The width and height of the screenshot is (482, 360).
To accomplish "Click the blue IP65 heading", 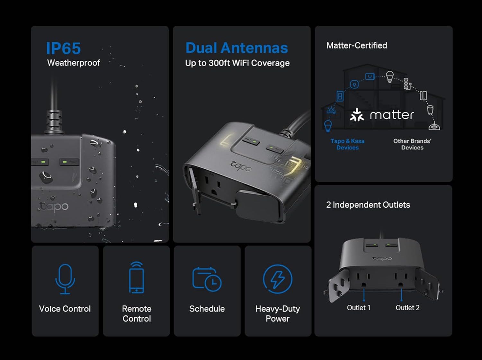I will tap(63, 49).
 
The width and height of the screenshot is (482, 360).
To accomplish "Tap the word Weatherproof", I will tap(74, 63).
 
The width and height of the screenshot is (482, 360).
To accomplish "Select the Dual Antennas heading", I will tap(237, 48).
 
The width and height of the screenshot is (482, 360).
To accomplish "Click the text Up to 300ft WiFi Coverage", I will tap(237, 63).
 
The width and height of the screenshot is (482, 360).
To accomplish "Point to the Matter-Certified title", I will tap(357, 45).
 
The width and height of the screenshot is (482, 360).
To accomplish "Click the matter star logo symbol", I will tap(357, 115).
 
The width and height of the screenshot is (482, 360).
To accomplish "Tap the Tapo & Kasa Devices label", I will tap(347, 144).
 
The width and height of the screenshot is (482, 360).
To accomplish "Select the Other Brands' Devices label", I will tap(412, 144).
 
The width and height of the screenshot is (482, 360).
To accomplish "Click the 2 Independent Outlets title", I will tap(368, 205).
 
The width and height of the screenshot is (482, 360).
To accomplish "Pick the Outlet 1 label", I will tap(359, 308).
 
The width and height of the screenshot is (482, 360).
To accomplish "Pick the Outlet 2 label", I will tap(407, 308).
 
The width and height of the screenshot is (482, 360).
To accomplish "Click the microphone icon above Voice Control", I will tap(65, 279).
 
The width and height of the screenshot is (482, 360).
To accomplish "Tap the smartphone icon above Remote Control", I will tap(137, 278).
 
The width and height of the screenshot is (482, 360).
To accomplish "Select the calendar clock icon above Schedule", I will tap(207, 279).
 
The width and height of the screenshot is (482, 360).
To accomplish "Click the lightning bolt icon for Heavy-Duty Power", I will tap(278, 279).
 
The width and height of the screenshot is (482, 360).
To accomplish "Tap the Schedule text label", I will tap(207, 309).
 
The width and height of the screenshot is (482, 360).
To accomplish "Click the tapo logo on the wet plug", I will tap(54, 206).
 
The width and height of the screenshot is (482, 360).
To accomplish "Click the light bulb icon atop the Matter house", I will tap(389, 76).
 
